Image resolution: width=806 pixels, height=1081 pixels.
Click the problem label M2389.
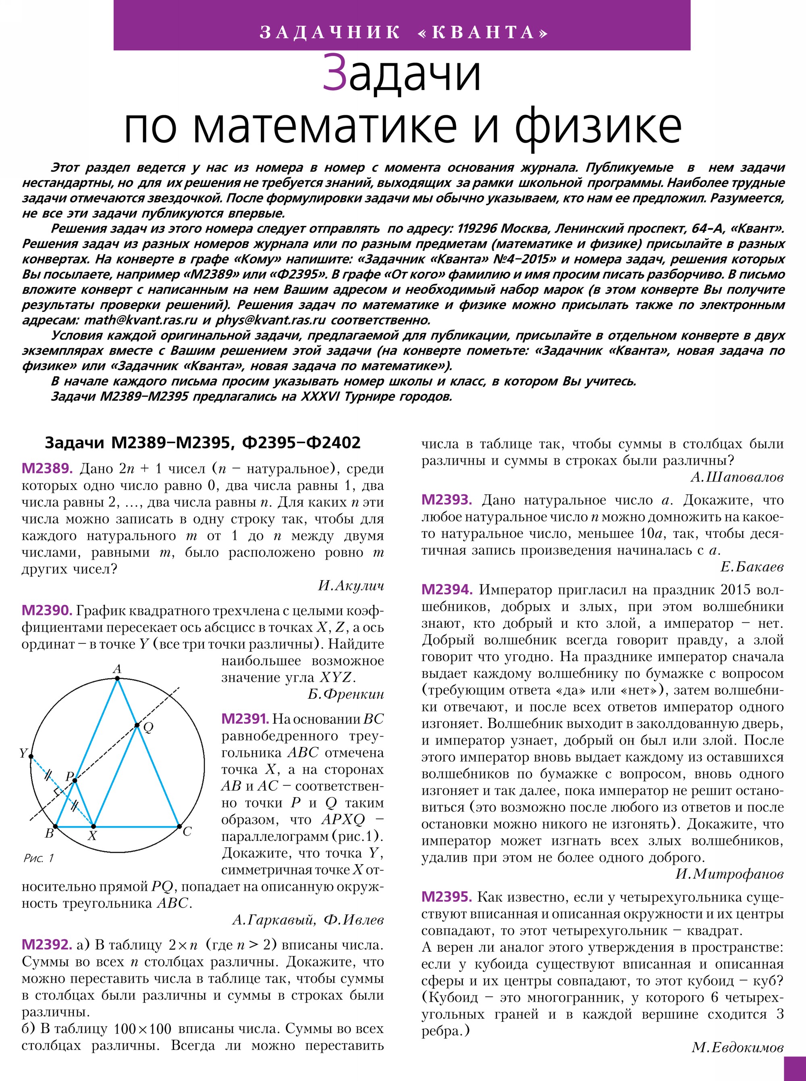pyautogui.click(x=47, y=469)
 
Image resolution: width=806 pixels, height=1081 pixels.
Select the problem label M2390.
pyautogui.click(x=47, y=610)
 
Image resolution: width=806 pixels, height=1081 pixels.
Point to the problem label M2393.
pyautogui.click(x=447, y=500)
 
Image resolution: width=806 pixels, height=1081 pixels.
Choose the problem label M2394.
pyautogui.click(x=447, y=590)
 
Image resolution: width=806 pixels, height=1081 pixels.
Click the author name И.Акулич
pyautogui.click(x=351, y=586)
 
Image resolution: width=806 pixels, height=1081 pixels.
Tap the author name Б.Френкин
pyautogui.click(x=345, y=694)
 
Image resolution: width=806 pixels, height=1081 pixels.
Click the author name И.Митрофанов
pyautogui.click(x=729, y=874)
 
